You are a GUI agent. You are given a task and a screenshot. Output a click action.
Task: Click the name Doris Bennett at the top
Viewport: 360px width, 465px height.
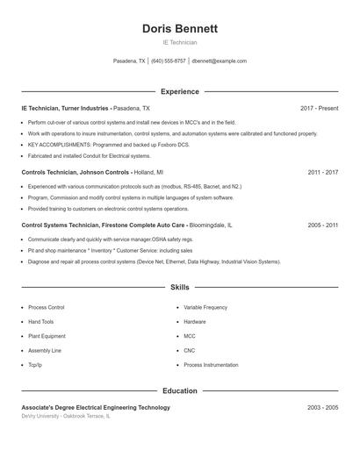179,29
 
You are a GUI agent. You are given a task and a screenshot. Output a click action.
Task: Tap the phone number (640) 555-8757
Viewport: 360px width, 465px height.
169,61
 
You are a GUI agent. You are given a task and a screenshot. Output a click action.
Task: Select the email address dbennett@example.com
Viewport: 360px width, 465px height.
219,61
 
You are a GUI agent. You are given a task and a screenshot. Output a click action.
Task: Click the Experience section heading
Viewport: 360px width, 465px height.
179,91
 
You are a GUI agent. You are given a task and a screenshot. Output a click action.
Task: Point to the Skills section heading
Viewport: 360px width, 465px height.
179,287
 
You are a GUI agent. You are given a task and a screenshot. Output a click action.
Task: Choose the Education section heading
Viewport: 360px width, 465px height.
179,390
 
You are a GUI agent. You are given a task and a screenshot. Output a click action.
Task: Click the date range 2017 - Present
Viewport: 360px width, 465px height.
319,108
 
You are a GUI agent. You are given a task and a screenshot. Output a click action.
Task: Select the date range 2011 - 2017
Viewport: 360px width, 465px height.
322,173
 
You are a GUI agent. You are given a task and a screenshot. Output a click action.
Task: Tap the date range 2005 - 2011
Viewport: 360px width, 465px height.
322,225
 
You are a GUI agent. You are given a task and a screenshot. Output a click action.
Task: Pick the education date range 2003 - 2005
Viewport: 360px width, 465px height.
322,408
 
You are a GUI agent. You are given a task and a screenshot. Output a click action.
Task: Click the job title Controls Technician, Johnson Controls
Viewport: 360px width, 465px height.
76,173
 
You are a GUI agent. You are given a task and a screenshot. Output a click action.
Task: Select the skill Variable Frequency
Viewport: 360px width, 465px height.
205,308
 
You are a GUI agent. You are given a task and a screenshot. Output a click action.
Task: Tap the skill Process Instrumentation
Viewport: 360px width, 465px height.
211,364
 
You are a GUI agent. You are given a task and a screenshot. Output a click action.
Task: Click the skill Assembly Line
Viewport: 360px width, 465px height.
45,350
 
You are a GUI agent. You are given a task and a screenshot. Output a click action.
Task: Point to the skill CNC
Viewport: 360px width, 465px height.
190,350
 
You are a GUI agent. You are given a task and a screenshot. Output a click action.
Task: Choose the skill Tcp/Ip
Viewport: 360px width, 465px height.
35,364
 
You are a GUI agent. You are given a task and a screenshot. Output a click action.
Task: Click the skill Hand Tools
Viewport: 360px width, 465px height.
40,322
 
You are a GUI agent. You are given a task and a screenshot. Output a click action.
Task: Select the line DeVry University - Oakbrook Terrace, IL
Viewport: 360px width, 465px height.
67,417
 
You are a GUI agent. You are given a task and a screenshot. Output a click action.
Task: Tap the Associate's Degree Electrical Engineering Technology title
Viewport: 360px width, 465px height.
96,408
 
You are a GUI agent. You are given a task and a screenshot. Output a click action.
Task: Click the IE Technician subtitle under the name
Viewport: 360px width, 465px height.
179,42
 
